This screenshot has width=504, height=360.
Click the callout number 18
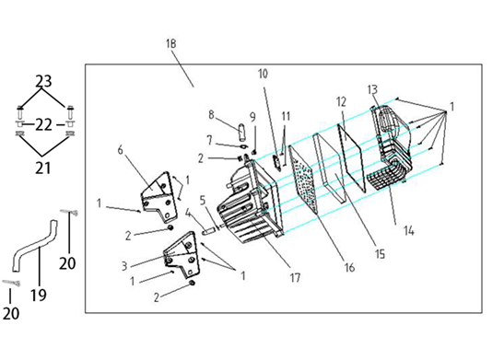click(x=171, y=43)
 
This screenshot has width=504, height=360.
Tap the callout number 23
click(x=43, y=81)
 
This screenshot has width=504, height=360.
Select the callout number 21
click(x=42, y=168)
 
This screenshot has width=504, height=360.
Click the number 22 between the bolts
click(x=43, y=124)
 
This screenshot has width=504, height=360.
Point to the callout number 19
click(x=39, y=295)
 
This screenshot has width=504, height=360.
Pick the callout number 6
click(x=120, y=150)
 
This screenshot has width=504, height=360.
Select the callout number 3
click(x=124, y=266)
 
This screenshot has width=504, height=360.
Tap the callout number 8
click(x=211, y=114)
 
